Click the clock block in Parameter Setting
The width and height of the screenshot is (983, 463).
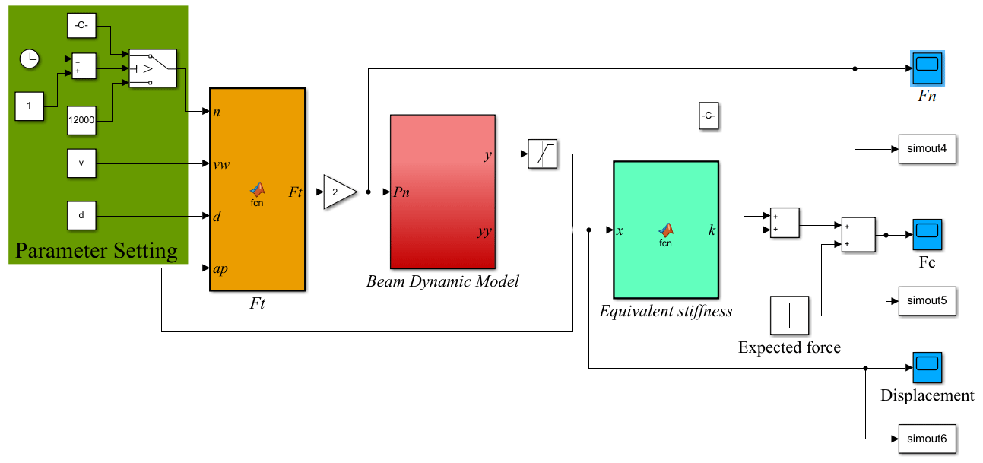tap(29, 59)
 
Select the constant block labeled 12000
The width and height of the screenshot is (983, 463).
tap(81, 119)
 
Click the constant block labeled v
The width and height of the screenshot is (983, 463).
tap(81, 163)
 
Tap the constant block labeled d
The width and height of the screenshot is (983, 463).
tap(81, 215)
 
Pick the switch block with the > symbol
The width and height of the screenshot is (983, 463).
tap(152, 69)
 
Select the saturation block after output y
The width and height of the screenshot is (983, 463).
tap(543, 154)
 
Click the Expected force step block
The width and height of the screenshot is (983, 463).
tap(789, 316)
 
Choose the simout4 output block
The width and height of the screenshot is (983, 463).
tap(927, 148)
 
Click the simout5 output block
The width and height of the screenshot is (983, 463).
tap(927, 300)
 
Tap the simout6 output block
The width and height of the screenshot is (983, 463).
tap(927, 439)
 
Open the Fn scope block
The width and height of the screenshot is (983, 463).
tap(928, 68)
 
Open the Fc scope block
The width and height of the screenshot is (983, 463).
tap(928, 235)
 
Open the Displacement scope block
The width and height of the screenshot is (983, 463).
tap(928, 368)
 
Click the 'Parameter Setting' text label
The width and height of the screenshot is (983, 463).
tap(97, 251)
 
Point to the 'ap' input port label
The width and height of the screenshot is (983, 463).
tap(220, 268)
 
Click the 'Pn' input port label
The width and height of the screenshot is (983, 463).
tap(401, 192)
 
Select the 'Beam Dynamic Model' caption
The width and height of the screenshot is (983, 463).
tap(442, 281)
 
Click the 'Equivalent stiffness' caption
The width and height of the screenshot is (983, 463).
tap(665, 310)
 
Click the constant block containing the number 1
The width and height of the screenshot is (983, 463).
tap(29, 106)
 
